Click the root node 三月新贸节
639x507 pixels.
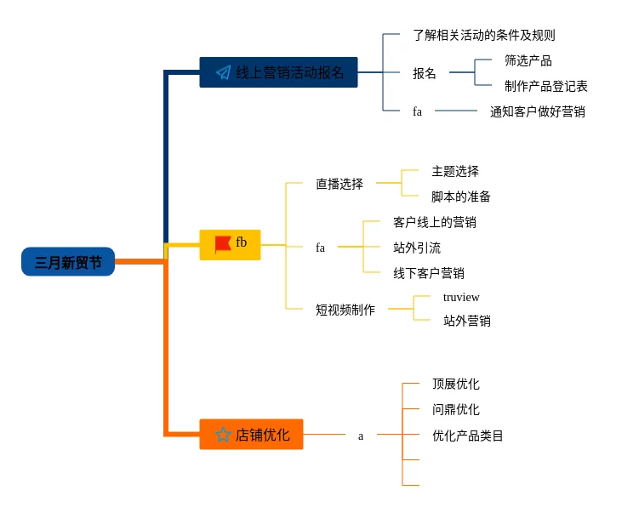click(68, 262)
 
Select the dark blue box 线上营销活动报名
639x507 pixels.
click(278, 72)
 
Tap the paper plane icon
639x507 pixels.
click(223, 73)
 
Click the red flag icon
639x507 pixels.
click(222, 244)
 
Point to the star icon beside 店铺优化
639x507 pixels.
click(223, 435)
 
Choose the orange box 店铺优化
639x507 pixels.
click(251, 435)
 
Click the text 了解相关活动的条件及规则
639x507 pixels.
click(483, 35)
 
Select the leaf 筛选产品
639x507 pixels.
click(528, 60)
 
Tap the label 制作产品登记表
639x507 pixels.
click(545, 86)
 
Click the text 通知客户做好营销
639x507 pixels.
click(537, 111)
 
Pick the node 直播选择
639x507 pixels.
click(339, 183)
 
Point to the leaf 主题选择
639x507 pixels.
click(454, 171)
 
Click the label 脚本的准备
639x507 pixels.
click(460, 197)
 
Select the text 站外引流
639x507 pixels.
click(417, 248)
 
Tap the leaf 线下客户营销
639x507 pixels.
click(429, 273)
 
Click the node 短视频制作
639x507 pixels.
click(345, 310)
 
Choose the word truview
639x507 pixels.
click(460, 297)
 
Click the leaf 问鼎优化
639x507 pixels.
click(455, 409)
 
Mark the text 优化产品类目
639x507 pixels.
click(467, 436)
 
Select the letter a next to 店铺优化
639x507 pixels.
click(360, 436)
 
